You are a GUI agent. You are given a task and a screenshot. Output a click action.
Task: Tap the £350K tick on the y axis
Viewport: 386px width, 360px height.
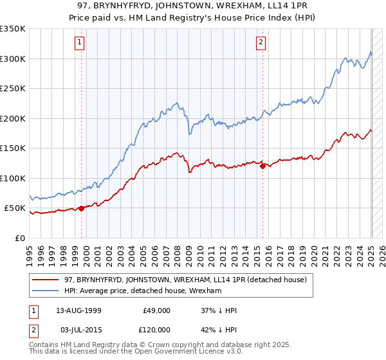13,29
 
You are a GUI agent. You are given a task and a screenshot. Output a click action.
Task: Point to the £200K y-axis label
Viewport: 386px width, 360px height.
13,118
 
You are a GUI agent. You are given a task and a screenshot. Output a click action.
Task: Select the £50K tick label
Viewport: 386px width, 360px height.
15,208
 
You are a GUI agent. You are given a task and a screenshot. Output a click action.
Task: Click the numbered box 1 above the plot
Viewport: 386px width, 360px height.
79,43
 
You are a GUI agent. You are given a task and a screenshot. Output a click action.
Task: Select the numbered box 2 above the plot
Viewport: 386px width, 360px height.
261,43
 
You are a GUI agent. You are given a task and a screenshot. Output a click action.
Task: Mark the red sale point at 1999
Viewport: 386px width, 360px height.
82,208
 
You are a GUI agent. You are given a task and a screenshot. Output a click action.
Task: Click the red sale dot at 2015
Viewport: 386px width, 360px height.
263,166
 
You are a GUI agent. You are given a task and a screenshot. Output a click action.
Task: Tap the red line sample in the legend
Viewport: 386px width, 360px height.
46,280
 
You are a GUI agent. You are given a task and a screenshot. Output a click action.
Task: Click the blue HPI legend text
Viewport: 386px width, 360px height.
142,291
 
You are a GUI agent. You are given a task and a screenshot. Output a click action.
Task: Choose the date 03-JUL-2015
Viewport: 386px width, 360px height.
78,329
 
